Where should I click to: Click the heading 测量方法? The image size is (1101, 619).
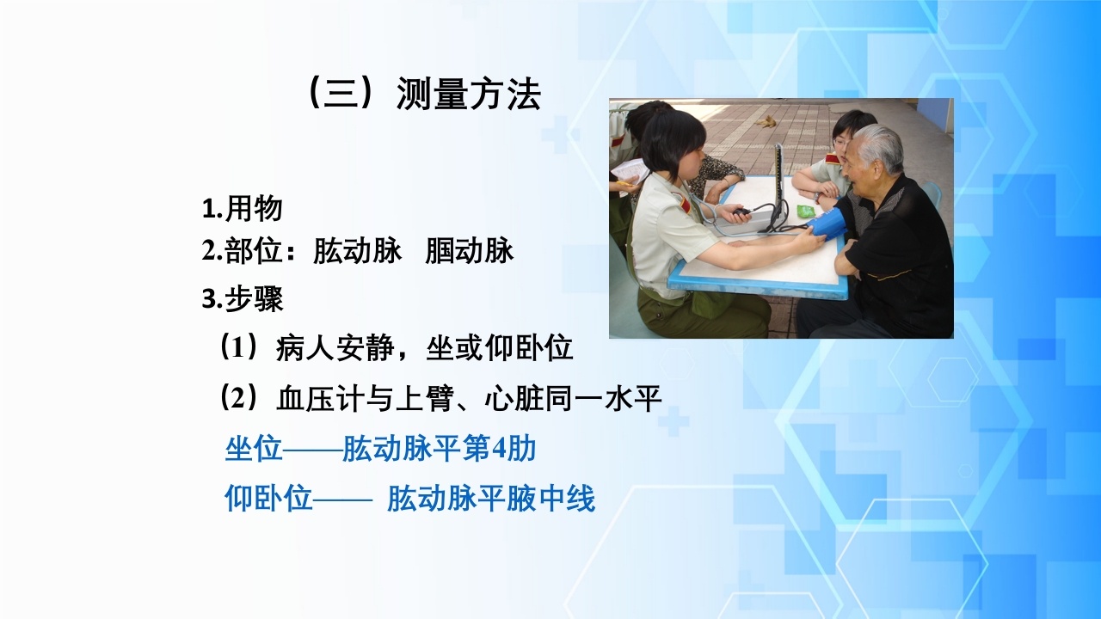point(468,95)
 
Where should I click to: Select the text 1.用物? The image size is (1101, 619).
point(242,209)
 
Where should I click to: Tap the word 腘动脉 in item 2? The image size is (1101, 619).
point(469,251)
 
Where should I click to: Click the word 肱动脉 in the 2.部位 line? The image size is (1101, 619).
point(357,251)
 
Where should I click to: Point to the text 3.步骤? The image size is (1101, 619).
point(242,299)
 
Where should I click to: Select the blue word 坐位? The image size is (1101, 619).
point(254,449)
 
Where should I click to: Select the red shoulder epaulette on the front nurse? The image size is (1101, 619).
point(685,204)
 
